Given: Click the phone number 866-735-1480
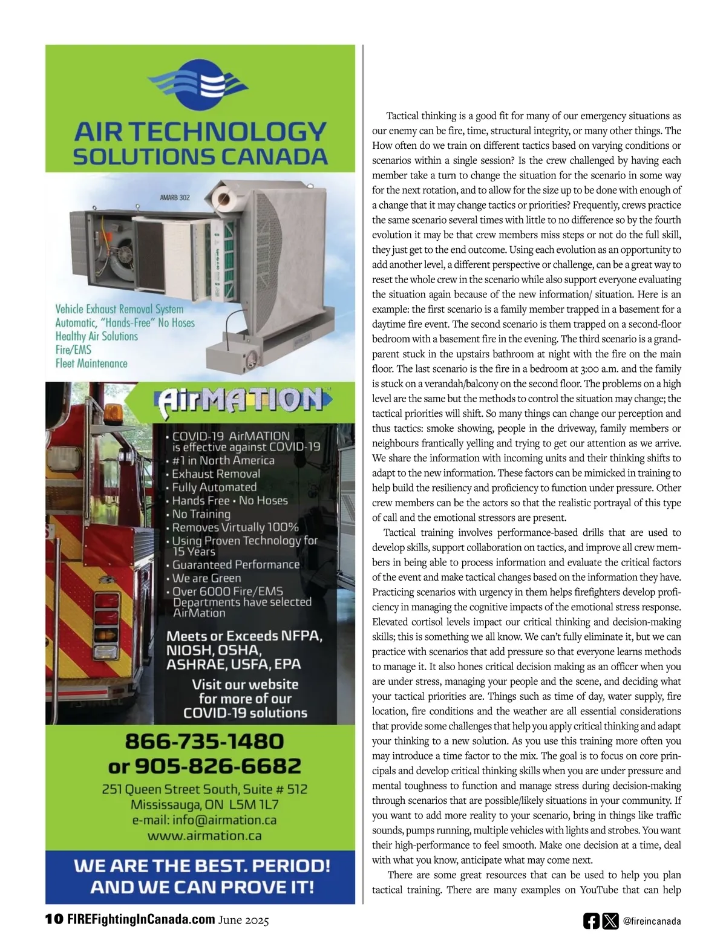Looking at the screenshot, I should [204, 742].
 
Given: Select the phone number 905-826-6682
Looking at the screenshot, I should [217, 766].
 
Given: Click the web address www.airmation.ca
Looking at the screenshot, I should [204, 836].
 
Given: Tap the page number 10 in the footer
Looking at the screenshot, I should [54, 919].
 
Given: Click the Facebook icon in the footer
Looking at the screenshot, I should [591, 921].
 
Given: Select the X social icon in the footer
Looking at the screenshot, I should [610, 921].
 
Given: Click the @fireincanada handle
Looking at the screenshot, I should [652, 922].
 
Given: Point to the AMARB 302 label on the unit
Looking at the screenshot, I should [175, 197].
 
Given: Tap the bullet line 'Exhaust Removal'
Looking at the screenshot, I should [216, 474].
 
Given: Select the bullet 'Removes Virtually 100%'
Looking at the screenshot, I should [235, 527].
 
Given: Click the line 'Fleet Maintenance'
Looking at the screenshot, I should [91, 364].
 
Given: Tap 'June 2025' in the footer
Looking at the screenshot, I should [244, 920].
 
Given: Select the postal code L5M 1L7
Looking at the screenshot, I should [254, 805].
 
